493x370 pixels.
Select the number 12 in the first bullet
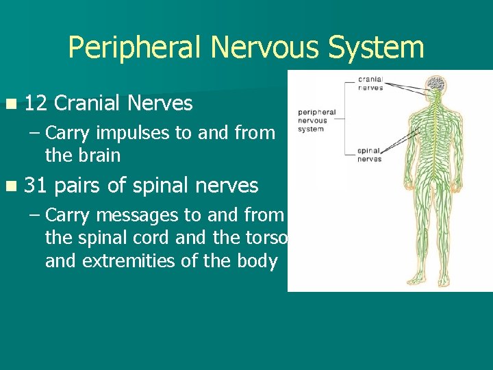coord(35,103)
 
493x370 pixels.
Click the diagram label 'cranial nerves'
coord(370,83)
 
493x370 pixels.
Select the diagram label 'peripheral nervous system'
coord(316,120)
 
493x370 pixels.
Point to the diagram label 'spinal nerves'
coord(370,155)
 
